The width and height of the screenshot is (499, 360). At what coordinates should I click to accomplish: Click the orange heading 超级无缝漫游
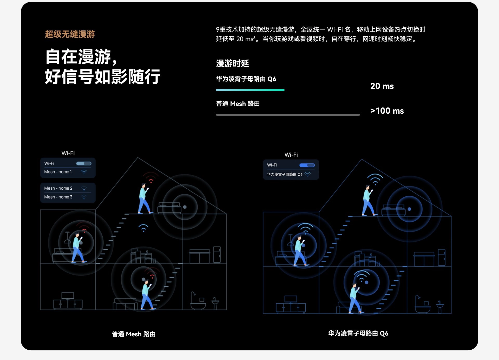[x=70, y=34]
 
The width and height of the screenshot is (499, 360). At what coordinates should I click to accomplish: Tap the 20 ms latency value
[x=382, y=86]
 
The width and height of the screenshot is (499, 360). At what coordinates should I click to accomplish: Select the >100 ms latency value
[x=387, y=111]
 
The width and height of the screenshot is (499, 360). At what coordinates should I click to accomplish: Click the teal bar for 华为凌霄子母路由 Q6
[x=250, y=90]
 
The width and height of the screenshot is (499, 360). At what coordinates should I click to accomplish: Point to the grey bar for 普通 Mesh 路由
[x=288, y=115]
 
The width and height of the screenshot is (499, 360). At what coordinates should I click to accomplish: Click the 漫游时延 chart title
[x=232, y=63]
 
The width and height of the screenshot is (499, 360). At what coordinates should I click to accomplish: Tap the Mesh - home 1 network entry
[x=58, y=172]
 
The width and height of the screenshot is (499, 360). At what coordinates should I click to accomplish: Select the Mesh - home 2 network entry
[x=58, y=188]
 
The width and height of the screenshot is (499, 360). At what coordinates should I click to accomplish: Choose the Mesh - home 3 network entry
[x=58, y=197]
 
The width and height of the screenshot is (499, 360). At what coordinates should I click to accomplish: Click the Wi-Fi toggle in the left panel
[x=84, y=163]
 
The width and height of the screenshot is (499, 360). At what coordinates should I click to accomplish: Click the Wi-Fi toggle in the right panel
[x=307, y=165]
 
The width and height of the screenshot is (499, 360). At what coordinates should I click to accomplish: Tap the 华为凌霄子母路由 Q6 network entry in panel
[x=285, y=174]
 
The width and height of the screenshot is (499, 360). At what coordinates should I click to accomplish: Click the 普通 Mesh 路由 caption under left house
[x=134, y=334]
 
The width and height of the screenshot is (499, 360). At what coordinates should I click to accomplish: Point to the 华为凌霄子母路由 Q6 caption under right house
[x=358, y=333]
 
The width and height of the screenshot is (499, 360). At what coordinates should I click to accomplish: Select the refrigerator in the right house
[x=442, y=257]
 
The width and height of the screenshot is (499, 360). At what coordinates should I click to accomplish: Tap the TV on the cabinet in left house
[x=68, y=295]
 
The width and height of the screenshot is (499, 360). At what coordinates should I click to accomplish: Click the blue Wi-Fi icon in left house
[x=143, y=228]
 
